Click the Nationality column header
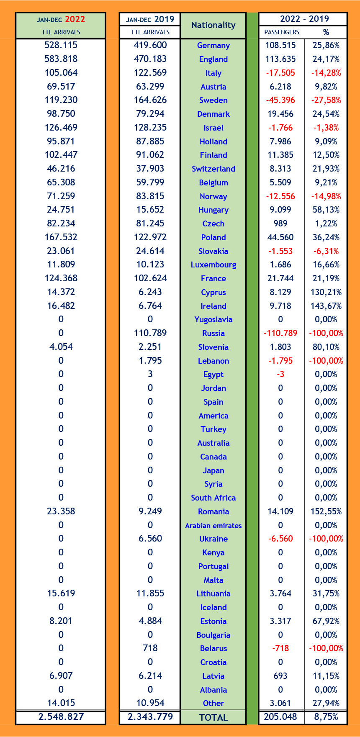[x=213, y=25]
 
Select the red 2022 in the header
[x=75, y=19]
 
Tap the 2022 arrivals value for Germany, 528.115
[x=61, y=45]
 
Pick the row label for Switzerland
[x=213, y=169]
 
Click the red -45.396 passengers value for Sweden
[x=280, y=100]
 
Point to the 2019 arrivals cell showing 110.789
[x=150, y=333]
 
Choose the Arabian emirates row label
[x=213, y=526]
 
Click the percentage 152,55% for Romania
[x=326, y=511]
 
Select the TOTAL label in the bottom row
[x=213, y=717]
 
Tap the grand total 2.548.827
[x=61, y=717]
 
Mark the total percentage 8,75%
[x=326, y=717]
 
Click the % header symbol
[x=326, y=32]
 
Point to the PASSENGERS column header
[x=282, y=32]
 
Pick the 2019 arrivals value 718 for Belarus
[x=150, y=648]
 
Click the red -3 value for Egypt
[x=280, y=374]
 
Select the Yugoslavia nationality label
[x=213, y=320]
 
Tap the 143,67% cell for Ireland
[x=326, y=306]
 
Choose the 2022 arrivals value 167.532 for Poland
[x=61, y=237]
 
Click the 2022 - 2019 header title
[x=304, y=19]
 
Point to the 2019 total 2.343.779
[x=150, y=717]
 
